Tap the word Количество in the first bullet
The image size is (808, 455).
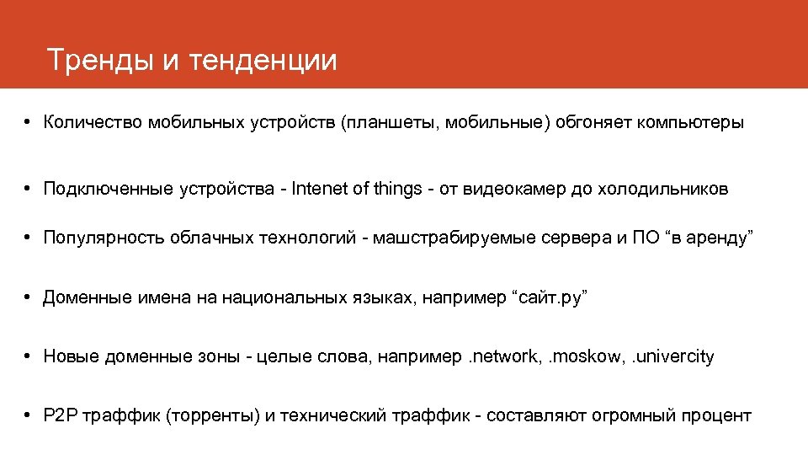pyautogui.click(x=93, y=122)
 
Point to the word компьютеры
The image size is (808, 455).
pyautogui.click(x=690, y=122)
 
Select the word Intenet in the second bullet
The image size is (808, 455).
pyautogui.click(x=320, y=189)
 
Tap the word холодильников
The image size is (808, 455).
pyautogui.click(x=662, y=189)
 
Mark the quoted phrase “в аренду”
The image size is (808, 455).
pyautogui.click(x=709, y=238)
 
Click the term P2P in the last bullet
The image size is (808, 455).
pyautogui.click(x=60, y=415)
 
